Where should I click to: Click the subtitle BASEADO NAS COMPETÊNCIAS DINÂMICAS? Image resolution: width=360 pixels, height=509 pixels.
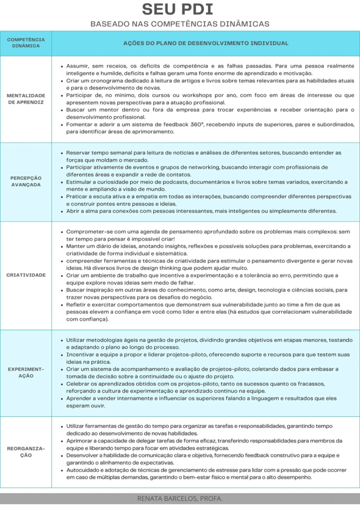[x=180, y=23]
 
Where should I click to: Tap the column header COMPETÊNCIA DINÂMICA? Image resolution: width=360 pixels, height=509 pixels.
[x=26, y=43]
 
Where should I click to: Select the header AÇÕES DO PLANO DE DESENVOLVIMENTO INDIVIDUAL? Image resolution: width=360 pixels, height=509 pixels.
[x=205, y=43]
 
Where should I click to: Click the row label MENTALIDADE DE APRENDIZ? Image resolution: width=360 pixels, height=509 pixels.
[x=26, y=98]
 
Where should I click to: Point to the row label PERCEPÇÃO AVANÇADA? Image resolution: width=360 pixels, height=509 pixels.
[x=26, y=181]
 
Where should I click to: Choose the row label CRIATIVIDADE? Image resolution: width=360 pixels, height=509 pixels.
[x=26, y=275]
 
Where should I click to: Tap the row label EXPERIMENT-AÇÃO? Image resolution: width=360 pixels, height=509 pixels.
[x=26, y=373]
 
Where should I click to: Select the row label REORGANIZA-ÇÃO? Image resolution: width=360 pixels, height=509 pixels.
[x=26, y=452]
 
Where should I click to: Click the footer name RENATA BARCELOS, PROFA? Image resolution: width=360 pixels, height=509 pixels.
[x=180, y=498]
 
